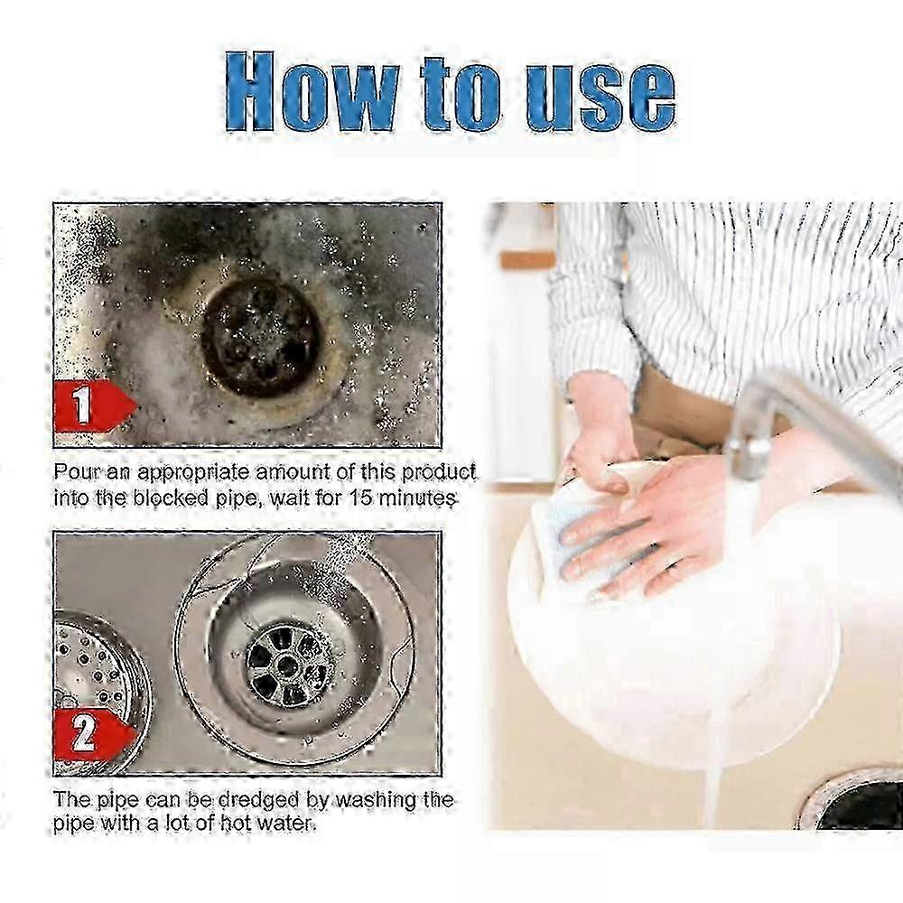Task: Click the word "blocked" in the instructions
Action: coord(174,498)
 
